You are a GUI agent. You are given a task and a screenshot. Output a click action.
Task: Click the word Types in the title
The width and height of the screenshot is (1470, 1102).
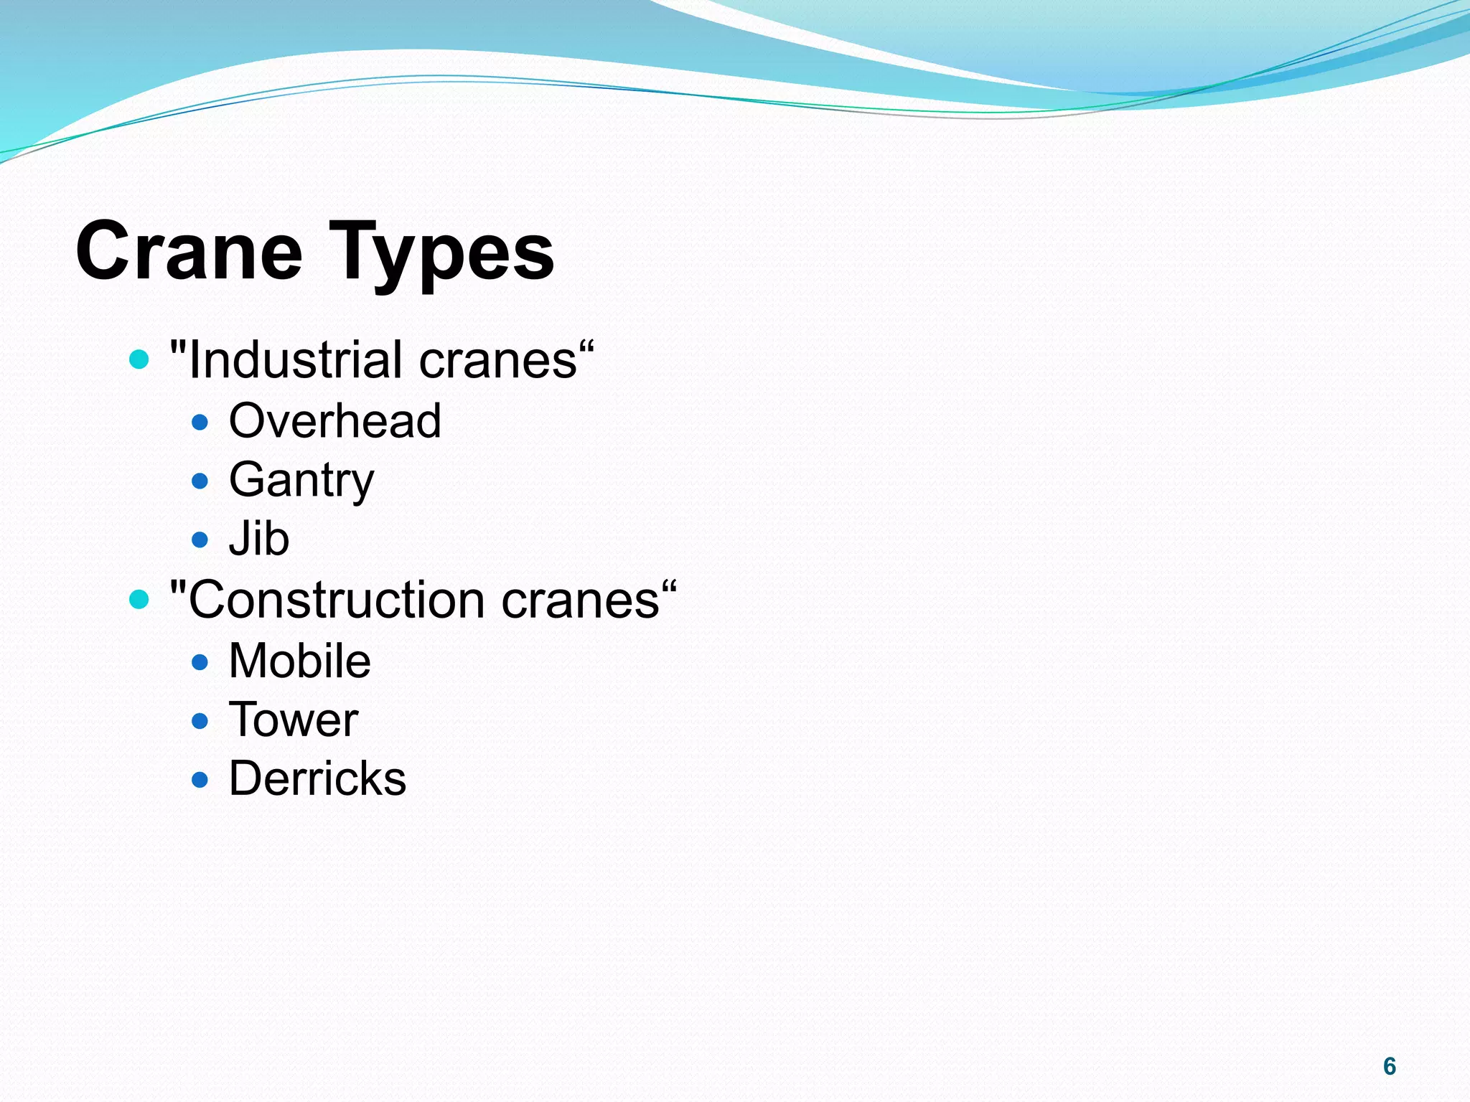[x=441, y=253]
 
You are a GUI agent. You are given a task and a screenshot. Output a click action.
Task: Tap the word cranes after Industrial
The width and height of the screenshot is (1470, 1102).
[x=499, y=359]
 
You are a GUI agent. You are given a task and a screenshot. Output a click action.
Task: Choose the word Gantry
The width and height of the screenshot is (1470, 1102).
[x=301, y=480]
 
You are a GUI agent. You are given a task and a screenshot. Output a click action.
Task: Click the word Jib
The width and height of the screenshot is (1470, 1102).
[x=259, y=539]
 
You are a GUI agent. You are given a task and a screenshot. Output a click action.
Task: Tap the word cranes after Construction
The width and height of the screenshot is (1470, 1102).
[x=581, y=600]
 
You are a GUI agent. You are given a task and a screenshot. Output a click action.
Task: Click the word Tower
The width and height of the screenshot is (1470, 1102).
[x=293, y=720]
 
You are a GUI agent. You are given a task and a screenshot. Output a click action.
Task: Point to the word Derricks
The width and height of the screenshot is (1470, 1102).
[x=317, y=779]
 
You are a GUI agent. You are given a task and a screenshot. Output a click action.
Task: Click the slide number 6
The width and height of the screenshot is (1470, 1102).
[x=1390, y=1067]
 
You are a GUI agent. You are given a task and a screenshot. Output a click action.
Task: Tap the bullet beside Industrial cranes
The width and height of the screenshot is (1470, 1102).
[x=139, y=359]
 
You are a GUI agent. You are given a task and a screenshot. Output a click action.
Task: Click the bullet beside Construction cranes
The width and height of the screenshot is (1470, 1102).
[x=139, y=599]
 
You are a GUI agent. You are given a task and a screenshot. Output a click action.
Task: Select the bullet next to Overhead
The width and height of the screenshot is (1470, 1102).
[x=200, y=422]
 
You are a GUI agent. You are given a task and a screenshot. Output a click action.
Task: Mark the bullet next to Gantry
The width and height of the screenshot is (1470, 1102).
[x=200, y=481]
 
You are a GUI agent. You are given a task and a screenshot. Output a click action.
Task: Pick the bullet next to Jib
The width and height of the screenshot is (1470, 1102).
[x=200, y=540]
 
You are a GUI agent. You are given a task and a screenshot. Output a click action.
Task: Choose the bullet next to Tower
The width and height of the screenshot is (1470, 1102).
[x=200, y=720]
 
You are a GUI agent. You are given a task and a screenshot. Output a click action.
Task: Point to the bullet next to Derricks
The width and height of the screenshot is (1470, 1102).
[x=200, y=780]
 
